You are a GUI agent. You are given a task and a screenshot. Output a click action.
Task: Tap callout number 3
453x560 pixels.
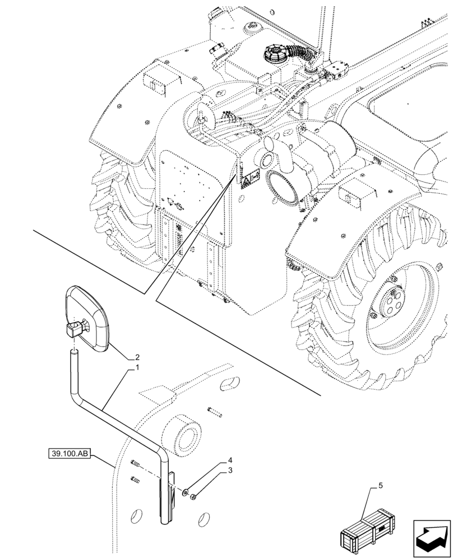[229, 471]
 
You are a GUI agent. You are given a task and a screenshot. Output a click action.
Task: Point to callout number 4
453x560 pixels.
[229, 460]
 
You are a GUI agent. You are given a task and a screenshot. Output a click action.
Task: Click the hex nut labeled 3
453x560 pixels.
[193, 496]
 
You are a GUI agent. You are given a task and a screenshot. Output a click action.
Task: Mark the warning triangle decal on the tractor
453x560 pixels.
[247, 180]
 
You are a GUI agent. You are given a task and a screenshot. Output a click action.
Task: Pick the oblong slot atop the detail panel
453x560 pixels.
[228, 384]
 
